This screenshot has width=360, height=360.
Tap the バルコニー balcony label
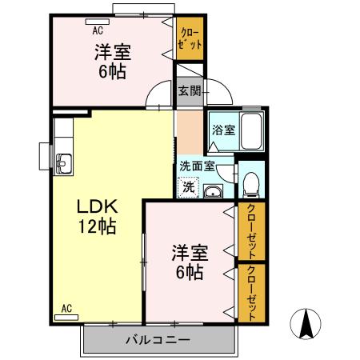[x=158, y=340]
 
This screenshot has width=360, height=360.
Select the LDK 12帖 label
[x=97, y=216]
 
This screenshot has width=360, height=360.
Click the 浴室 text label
[x=223, y=130]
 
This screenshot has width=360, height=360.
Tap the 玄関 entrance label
[x=190, y=91]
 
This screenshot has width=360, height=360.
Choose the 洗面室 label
[x=197, y=166]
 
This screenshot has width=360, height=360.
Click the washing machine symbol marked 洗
[x=188, y=187]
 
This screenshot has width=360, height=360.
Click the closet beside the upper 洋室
[x=190, y=39]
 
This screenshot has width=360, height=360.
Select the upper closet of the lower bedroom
[x=251, y=230]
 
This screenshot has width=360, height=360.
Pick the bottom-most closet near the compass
[x=251, y=292]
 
